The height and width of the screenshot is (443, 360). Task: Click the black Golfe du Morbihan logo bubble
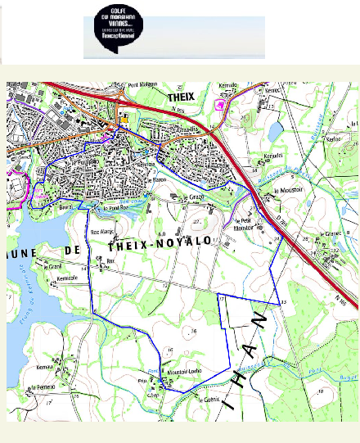(x=116, y=35)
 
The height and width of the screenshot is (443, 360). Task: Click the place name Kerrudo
(x=227, y=85)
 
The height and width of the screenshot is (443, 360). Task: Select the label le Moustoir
(x=287, y=190)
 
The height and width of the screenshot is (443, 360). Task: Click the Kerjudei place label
(x=272, y=155)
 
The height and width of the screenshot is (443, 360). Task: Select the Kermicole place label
(x=67, y=278)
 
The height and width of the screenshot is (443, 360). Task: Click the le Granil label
(x=56, y=266)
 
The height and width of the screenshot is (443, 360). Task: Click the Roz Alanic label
(x=100, y=232)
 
